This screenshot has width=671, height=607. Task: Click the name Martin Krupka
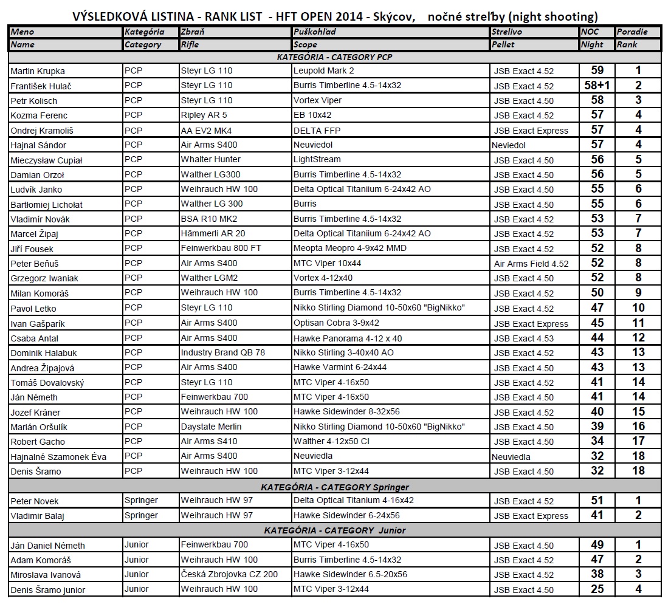click(x=38, y=71)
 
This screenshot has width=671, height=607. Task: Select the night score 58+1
click(x=597, y=86)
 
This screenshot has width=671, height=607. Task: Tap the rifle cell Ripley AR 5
click(x=204, y=115)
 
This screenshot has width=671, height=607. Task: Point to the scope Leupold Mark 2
click(x=323, y=71)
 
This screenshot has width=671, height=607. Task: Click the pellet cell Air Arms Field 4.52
click(x=531, y=264)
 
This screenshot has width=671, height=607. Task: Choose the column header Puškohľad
click(x=314, y=32)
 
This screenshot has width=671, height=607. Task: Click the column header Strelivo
click(x=508, y=32)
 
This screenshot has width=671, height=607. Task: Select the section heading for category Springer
click(x=334, y=487)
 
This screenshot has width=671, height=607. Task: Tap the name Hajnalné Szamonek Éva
click(x=58, y=457)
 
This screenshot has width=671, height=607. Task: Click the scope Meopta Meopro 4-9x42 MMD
click(x=350, y=248)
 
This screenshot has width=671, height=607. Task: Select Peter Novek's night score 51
click(x=597, y=500)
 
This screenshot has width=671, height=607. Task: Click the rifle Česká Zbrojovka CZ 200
click(x=229, y=574)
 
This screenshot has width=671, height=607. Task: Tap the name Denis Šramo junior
click(x=48, y=589)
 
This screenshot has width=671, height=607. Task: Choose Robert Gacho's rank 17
click(x=638, y=441)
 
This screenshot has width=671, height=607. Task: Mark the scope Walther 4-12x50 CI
click(x=331, y=441)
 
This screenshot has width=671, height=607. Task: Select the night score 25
click(x=597, y=589)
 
